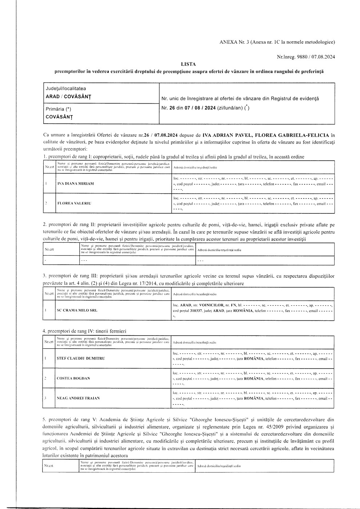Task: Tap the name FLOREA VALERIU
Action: click(73, 203)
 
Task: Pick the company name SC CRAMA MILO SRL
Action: click(77, 310)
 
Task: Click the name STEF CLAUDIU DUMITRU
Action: click(81, 358)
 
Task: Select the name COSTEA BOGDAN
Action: click(73, 378)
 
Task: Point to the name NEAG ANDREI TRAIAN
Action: click(78, 398)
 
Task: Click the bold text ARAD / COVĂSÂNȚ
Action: click(68, 96)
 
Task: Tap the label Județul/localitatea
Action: click(66, 89)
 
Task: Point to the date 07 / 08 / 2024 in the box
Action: click(201, 108)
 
